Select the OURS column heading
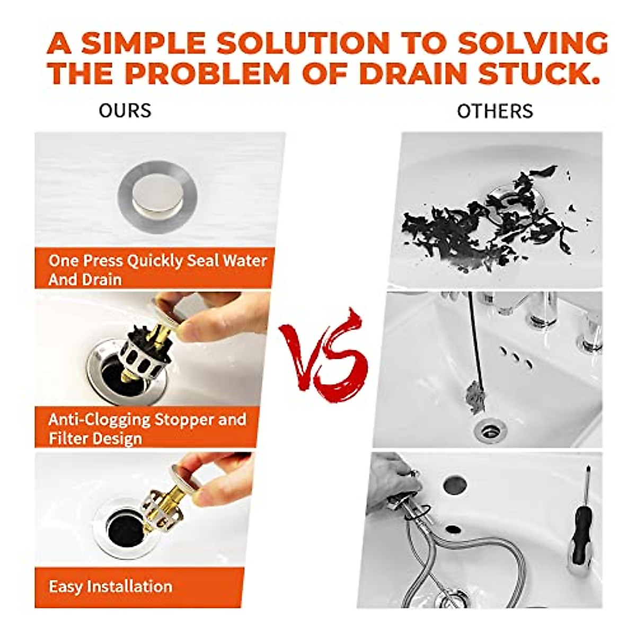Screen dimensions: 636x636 [x=125, y=111]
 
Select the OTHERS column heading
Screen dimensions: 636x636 [x=494, y=111]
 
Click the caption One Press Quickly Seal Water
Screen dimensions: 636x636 [x=157, y=261]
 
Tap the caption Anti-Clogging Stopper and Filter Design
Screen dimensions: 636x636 [x=147, y=428]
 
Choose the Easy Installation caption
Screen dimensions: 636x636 [x=110, y=586]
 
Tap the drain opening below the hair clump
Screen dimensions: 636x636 [x=489, y=430]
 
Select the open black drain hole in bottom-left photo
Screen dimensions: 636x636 [x=124, y=527]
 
